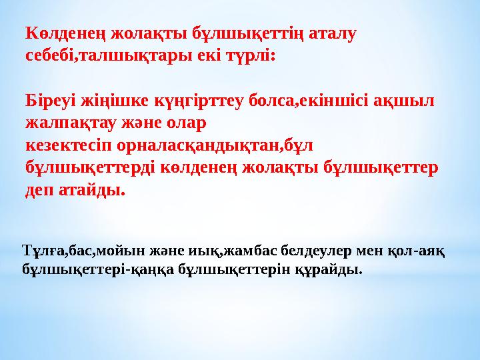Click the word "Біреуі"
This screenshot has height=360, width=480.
click(51, 101)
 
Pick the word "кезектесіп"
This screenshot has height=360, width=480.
click(72, 146)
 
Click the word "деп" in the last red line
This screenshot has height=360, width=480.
click(40, 191)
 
